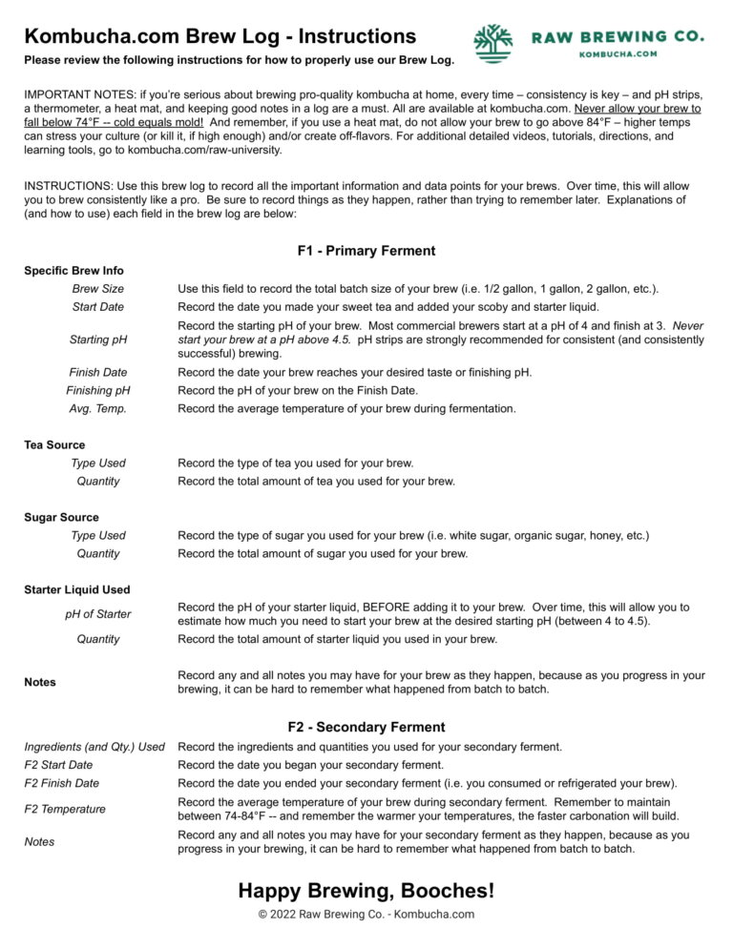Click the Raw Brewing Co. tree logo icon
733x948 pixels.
click(x=493, y=43)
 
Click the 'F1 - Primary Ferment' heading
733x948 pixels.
click(x=366, y=251)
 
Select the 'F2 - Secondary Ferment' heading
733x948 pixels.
click(x=366, y=727)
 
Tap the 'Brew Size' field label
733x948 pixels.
click(x=98, y=288)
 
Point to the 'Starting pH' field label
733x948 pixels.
click(x=98, y=340)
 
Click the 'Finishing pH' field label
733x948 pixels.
click(x=98, y=390)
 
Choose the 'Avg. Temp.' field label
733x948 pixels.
click(x=98, y=408)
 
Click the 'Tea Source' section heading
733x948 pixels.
click(x=54, y=444)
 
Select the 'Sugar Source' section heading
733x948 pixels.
click(x=61, y=517)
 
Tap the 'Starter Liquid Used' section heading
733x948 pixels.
click(x=77, y=589)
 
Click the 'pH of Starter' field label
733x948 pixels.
click(x=98, y=614)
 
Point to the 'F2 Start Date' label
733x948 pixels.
click(x=58, y=765)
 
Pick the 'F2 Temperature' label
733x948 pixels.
click(x=65, y=809)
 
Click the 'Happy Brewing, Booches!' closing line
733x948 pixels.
click(x=366, y=891)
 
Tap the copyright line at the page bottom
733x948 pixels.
click(x=366, y=915)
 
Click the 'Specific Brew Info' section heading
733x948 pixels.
click(x=73, y=270)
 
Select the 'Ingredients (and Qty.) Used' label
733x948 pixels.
click(x=94, y=747)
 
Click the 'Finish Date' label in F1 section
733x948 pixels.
click(x=98, y=372)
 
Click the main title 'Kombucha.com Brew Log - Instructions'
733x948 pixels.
click(x=220, y=36)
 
